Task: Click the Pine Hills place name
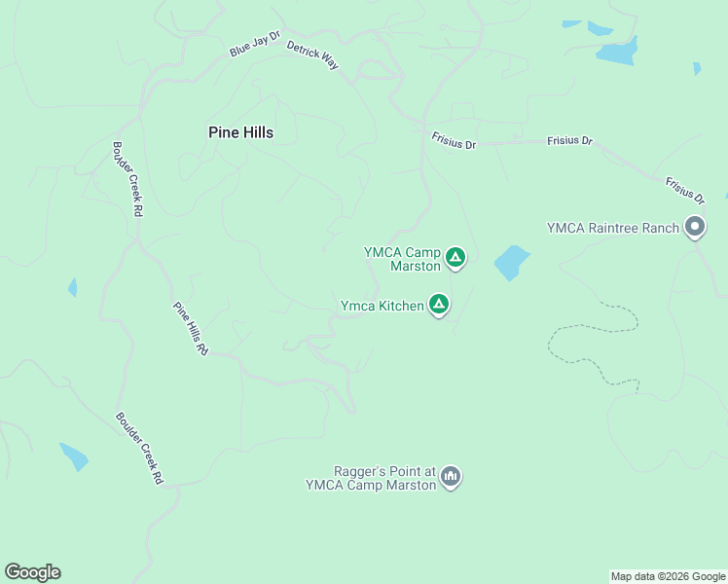(x=240, y=132)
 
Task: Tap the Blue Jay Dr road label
(x=255, y=45)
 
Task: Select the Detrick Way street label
(x=312, y=55)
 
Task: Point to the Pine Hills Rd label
(x=191, y=329)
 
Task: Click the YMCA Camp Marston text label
(x=403, y=258)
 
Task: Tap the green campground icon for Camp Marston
(x=455, y=258)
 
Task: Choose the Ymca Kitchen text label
(x=382, y=306)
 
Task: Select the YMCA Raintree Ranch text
(x=612, y=228)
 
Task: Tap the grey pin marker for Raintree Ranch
(x=695, y=228)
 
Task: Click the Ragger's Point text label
(x=371, y=477)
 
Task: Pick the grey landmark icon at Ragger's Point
(x=450, y=477)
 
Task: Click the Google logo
(x=32, y=572)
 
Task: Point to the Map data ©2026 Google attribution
(x=668, y=576)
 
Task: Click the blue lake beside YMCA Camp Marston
(x=511, y=262)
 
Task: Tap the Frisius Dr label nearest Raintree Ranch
(x=685, y=190)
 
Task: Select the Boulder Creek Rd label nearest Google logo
(x=139, y=449)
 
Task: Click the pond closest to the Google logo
(x=74, y=456)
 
